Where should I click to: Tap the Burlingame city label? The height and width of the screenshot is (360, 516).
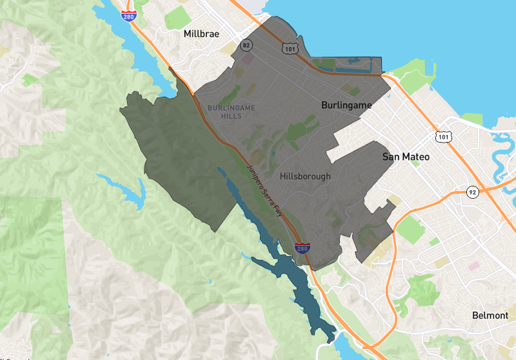pos(348,104)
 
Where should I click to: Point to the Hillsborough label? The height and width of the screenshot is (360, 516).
pos(305,176)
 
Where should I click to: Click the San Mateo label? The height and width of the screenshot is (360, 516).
pos(406,157)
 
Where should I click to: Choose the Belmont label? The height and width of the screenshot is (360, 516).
pos(490,315)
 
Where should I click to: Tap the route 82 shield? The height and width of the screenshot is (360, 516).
pos(246,45)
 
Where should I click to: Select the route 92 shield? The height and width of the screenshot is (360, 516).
pos(473,192)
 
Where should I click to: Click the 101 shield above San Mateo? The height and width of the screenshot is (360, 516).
pos(442,136)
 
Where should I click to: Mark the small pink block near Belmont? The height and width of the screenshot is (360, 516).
pos(474,266)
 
